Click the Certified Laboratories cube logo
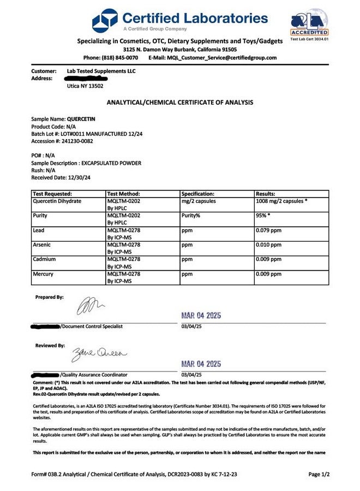105,20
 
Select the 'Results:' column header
266,194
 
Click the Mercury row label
43,274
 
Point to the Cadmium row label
44,259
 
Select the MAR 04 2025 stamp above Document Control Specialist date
201,316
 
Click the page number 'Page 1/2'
319,475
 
